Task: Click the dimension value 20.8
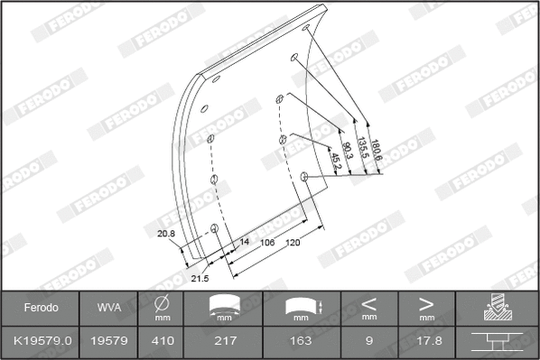pyautogui.click(x=165, y=235)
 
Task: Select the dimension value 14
pyautogui.click(x=243, y=243)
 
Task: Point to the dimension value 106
pyautogui.click(x=267, y=243)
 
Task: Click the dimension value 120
pyautogui.click(x=293, y=243)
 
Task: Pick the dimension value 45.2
pyautogui.click(x=335, y=160)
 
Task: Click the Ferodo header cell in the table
pyautogui.click(x=40, y=308)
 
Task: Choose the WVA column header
pyautogui.click(x=107, y=308)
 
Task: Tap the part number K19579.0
pyautogui.click(x=40, y=340)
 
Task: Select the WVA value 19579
pyautogui.click(x=107, y=340)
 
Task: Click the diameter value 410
pyautogui.click(x=162, y=340)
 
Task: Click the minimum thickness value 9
pyautogui.click(x=368, y=340)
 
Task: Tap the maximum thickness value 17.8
pyautogui.click(x=427, y=340)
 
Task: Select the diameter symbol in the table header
pyautogui.click(x=162, y=304)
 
